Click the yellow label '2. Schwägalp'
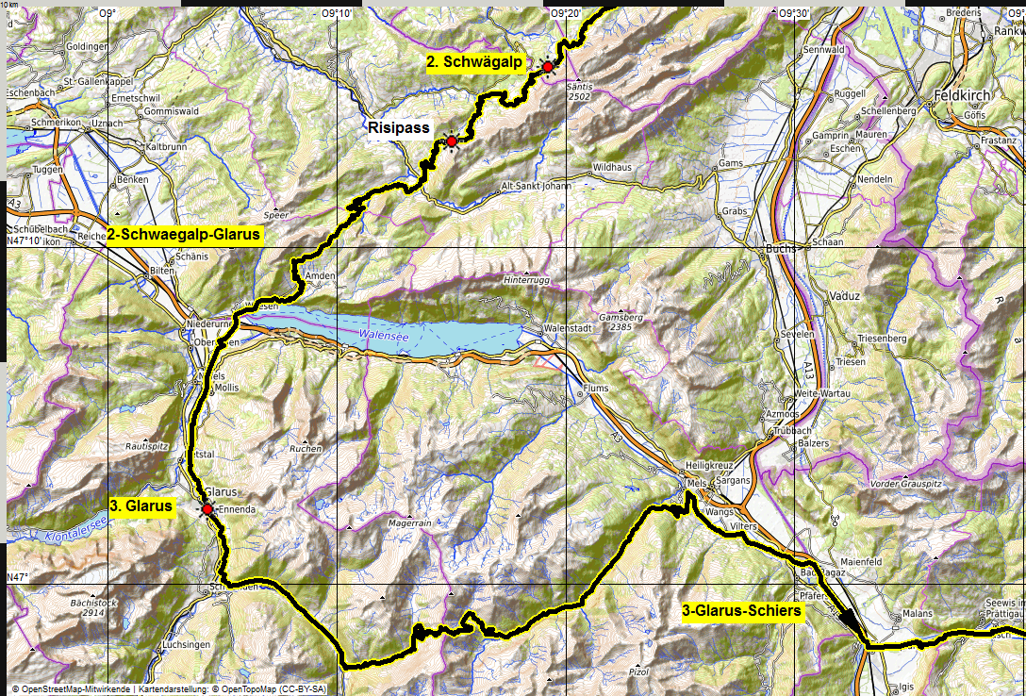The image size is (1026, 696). tap(474, 62)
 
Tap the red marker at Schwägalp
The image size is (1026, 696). tap(547, 66)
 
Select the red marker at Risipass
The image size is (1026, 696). tap(452, 141)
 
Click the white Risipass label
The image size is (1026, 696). tap(399, 127)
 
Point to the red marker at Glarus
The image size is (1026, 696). tap(207, 509)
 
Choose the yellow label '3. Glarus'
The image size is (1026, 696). tap(141, 505)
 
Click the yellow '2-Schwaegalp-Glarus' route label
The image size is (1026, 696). tap(183, 235)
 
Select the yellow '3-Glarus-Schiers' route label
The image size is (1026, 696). tap(741, 611)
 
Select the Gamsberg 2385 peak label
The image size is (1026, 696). tap(624, 322)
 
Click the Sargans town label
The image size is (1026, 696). tap(735, 480)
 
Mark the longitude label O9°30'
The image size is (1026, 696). tap(794, 13)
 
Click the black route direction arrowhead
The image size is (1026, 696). tap(852, 623)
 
